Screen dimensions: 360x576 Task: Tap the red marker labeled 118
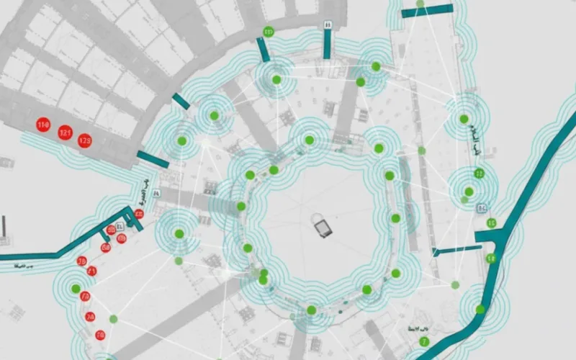tap(42, 126)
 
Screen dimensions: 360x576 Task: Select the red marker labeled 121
tap(66, 132)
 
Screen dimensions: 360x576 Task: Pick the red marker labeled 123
tap(85, 140)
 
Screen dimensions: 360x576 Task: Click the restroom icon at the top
tap(328, 23)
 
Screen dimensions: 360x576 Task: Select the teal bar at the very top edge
tap(427, 10)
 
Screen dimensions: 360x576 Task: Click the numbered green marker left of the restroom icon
tap(269, 32)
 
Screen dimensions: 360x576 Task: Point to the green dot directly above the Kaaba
tap(309, 140)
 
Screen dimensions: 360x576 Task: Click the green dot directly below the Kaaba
tap(311, 310)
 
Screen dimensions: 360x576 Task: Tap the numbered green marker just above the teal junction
tap(491, 222)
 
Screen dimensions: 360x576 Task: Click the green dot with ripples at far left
tap(76, 289)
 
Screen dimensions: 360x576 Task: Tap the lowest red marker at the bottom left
tap(100, 335)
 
